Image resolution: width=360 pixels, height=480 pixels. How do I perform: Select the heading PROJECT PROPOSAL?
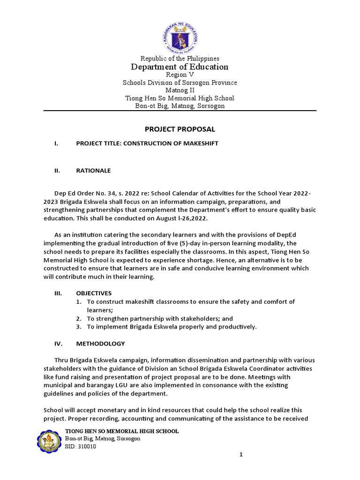click(180, 129)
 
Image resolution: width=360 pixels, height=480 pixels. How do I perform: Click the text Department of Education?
click(180, 67)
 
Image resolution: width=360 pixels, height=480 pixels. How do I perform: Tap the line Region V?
click(180, 75)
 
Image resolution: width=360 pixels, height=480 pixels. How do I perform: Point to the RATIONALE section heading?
click(93, 171)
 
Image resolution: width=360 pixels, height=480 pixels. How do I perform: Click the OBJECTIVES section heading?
click(94, 293)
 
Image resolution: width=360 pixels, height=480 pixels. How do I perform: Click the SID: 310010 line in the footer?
click(81, 447)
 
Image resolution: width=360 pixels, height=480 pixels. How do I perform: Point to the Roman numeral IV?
click(59, 344)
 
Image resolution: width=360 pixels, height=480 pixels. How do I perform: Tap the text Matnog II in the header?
click(180, 90)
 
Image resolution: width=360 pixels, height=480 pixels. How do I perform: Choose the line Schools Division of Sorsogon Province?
click(180, 83)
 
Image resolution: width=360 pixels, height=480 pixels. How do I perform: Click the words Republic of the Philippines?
click(180, 59)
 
